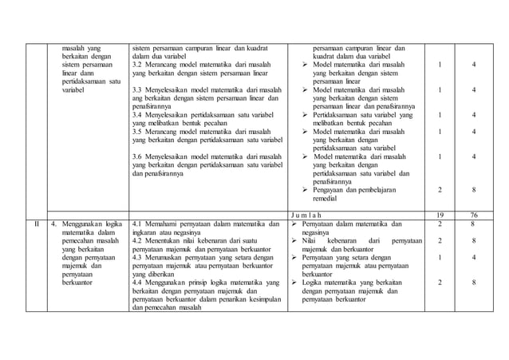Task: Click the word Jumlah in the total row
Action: click(311, 214)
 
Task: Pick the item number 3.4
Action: click(137, 115)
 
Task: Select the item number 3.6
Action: click(137, 156)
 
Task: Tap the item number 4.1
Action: click(137, 224)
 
